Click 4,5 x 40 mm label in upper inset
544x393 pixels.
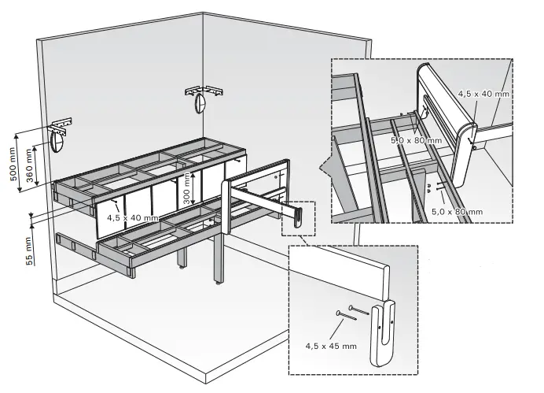484,92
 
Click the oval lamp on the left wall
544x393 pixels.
56,143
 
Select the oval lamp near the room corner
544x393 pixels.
201,103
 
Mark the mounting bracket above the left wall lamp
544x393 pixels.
62,124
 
